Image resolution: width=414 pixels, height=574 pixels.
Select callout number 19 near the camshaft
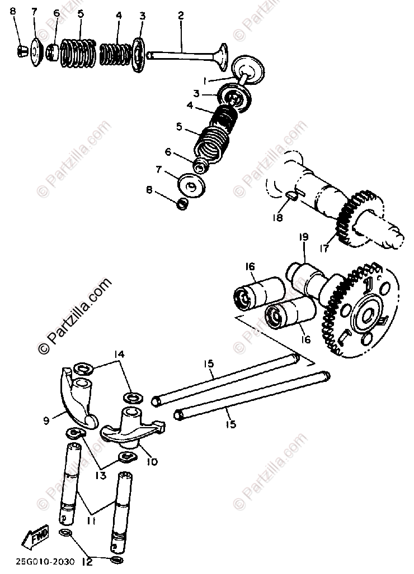coord(303,237)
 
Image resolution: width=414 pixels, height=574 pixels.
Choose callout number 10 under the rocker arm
coord(152,461)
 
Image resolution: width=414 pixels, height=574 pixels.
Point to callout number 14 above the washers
coord(119,354)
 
